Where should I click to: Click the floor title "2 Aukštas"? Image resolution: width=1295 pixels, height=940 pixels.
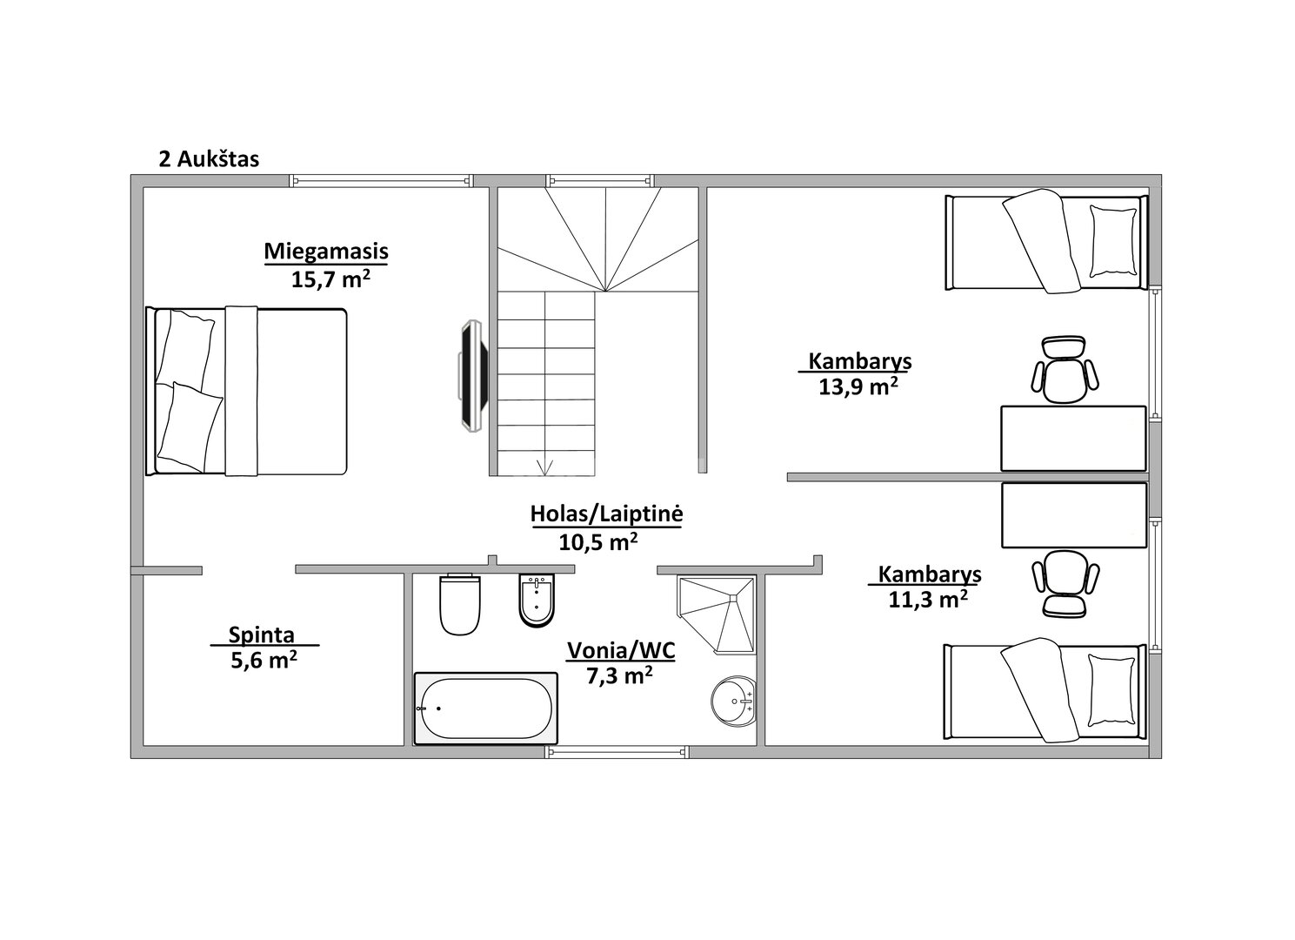tap(209, 159)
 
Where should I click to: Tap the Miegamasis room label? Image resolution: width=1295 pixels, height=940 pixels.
tap(326, 252)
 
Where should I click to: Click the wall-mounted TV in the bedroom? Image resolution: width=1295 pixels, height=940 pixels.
tap(473, 376)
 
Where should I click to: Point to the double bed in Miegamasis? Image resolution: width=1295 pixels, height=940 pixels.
tap(246, 392)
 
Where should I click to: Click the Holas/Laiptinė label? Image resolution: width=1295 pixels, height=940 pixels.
tap(606, 514)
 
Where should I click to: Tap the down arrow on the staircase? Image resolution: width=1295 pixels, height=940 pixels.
tap(545, 467)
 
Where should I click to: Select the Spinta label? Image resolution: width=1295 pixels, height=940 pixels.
tap(261, 634)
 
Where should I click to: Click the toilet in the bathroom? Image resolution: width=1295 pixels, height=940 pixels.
tap(460, 603)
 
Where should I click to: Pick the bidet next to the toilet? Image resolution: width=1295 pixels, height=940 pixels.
tap(537, 601)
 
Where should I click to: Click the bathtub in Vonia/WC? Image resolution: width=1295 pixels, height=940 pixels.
tap(485, 708)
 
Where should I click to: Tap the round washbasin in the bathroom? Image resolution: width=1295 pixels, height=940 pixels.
tap(734, 701)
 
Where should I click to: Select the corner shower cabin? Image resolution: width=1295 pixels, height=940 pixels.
tap(717, 614)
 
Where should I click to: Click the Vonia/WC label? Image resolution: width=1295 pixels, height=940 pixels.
tap(621, 651)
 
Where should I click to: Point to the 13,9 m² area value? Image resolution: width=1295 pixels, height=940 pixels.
tap(858, 386)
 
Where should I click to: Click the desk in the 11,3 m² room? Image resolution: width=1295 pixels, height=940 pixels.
tap(1073, 515)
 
